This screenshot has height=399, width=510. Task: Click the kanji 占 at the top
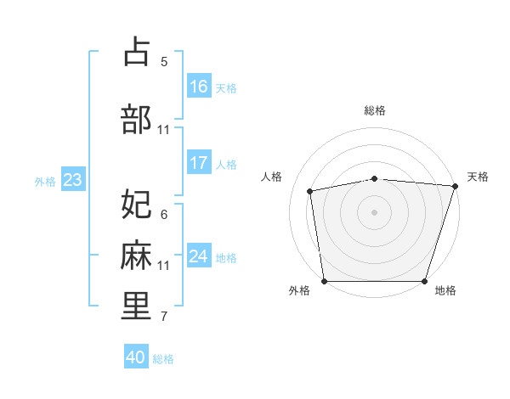pos(136,52)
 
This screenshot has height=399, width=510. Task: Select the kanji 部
pos(136,120)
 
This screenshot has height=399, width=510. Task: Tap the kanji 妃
pos(136,205)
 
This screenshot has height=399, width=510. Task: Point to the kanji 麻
pos(136,256)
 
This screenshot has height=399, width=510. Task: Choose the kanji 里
pos(136,306)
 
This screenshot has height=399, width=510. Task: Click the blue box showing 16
pos(199,87)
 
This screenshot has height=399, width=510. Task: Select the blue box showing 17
pos(199,163)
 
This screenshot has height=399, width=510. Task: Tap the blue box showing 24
pos(199,256)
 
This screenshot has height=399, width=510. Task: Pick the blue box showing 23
pos(72,180)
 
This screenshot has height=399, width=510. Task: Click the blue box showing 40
pos(136,357)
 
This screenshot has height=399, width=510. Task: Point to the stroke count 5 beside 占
pos(164,61)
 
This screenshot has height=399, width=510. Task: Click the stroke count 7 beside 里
pos(164,317)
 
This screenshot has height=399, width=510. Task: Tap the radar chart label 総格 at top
pos(375,110)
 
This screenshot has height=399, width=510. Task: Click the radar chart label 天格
pos(478,177)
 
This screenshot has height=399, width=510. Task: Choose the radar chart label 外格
pos(299,291)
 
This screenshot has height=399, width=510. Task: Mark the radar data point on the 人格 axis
pos(310,191)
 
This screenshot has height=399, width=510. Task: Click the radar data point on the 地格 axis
pos(425,281)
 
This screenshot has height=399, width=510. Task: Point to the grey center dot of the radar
pos(375,211)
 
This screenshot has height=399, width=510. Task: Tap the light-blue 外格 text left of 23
pos(45,181)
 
